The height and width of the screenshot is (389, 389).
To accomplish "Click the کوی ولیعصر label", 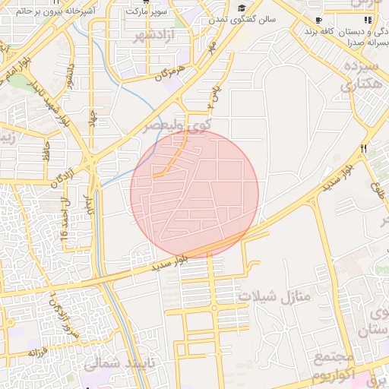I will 174,124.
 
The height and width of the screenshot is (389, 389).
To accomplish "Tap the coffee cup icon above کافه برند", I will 318,20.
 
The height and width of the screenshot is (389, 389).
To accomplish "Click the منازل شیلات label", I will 274,294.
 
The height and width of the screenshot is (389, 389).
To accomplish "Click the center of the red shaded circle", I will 194,194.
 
